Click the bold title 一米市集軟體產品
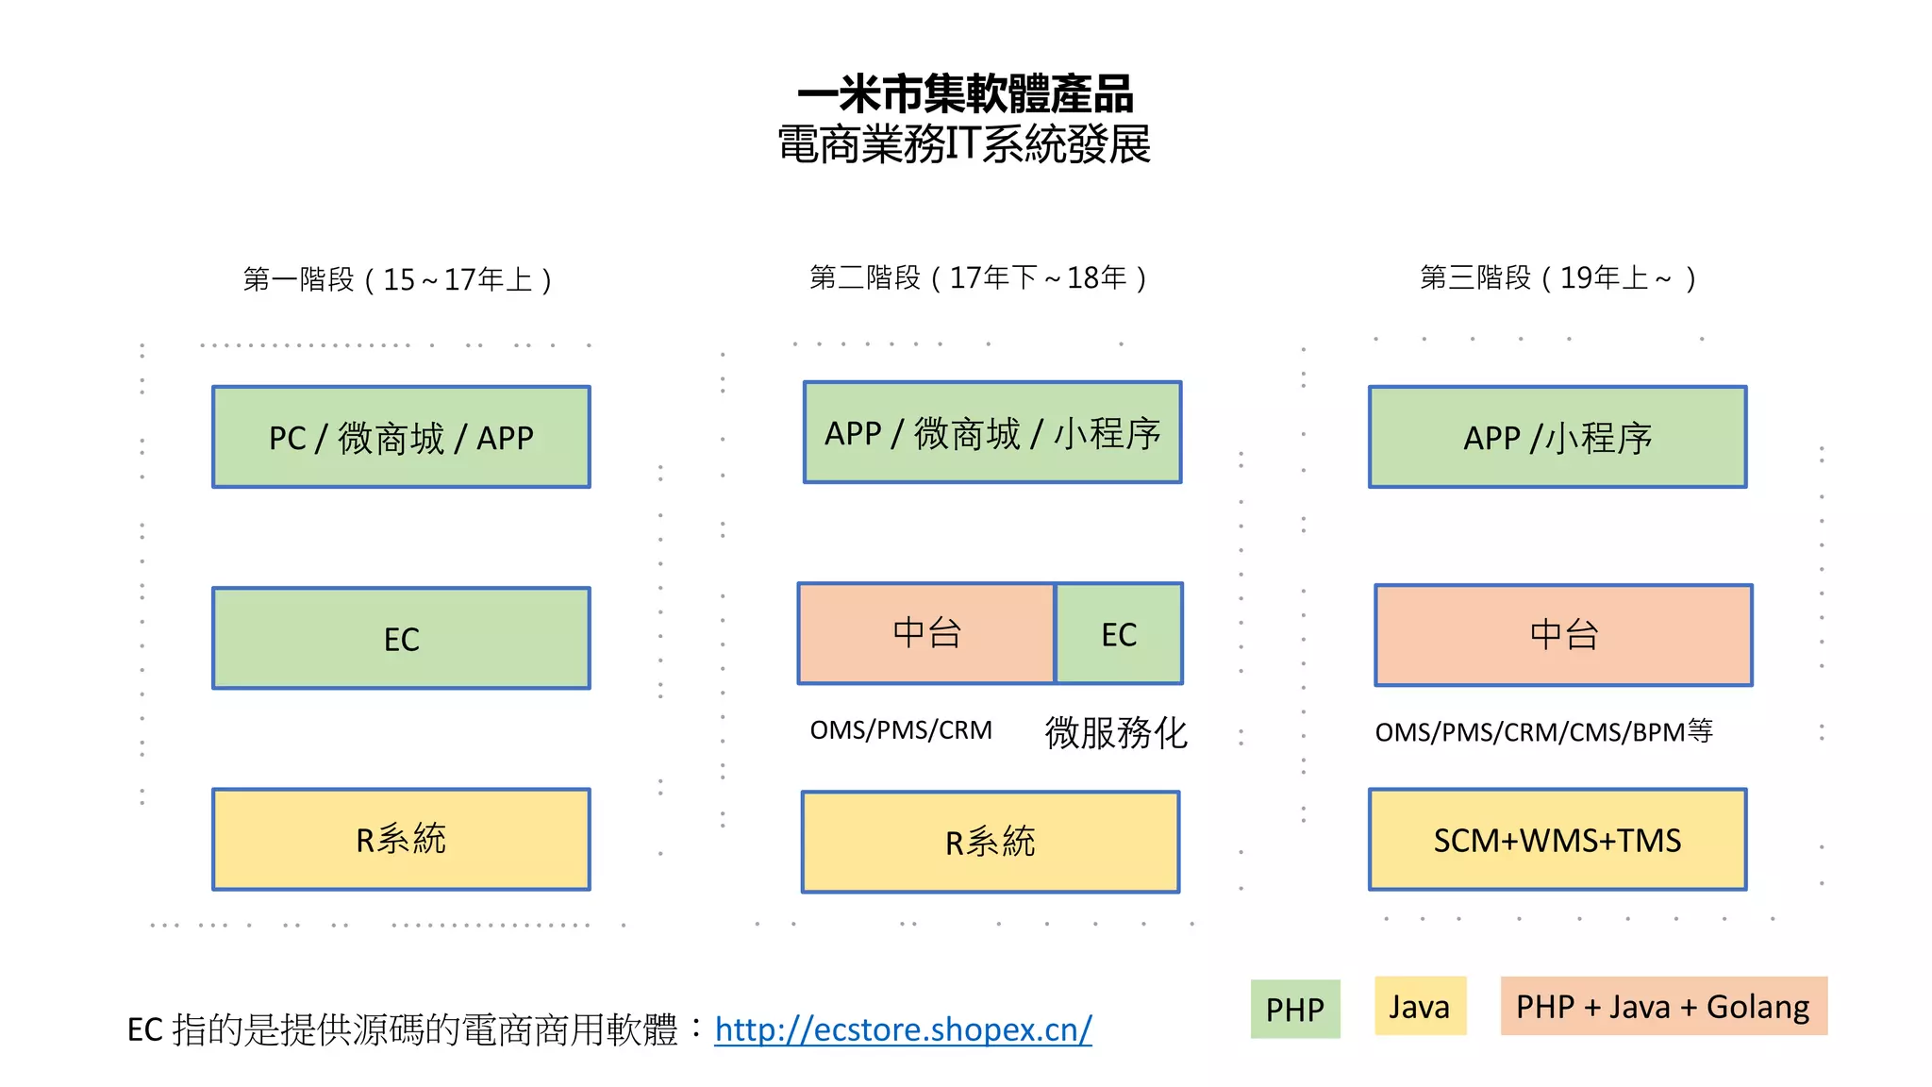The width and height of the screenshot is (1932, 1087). (x=965, y=94)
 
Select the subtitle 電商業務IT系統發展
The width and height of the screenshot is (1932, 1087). (x=964, y=144)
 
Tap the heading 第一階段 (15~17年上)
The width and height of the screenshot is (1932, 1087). (x=397, y=279)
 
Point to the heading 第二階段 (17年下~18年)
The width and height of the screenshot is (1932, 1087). (x=978, y=277)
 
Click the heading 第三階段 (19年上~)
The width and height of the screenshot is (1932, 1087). (x=1557, y=277)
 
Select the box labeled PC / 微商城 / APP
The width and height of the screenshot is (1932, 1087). (x=401, y=437)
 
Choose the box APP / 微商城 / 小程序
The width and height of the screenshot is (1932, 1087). (x=991, y=433)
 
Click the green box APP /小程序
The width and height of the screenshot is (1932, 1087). (x=1557, y=437)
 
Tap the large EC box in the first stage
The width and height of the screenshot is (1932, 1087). (x=401, y=639)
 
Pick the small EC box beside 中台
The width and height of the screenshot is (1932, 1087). (x=1119, y=634)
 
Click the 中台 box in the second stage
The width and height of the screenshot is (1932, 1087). (x=926, y=633)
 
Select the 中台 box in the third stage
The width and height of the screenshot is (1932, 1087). (x=1563, y=635)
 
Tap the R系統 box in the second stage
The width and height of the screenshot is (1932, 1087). (x=991, y=842)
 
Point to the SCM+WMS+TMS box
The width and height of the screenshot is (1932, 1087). (x=1557, y=840)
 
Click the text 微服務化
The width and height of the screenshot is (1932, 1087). (x=1116, y=732)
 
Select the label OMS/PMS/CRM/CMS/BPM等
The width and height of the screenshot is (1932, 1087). (x=1543, y=731)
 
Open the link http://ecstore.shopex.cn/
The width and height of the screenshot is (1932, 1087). (x=903, y=1028)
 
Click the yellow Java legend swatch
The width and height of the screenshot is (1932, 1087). (x=1420, y=1007)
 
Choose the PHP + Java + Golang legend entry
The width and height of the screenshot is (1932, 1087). (x=1663, y=1007)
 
